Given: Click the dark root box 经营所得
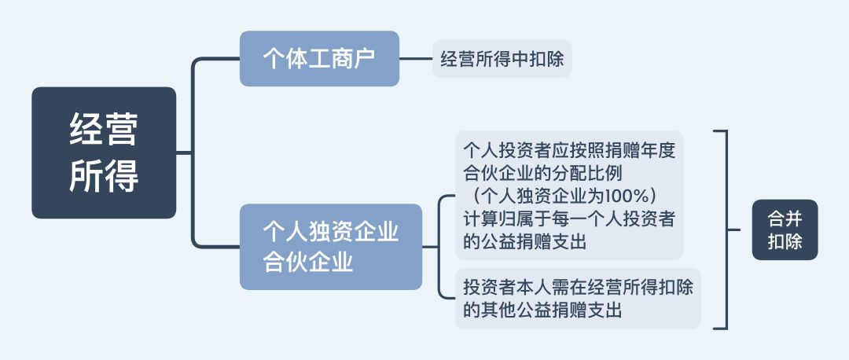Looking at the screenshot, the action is [x=104, y=152].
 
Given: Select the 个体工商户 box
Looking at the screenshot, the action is [x=319, y=58].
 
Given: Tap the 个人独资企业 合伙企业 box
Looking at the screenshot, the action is [x=331, y=247].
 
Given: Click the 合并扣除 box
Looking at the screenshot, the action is [x=785, y=230].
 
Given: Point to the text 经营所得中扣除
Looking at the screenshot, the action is [x=502, y=58].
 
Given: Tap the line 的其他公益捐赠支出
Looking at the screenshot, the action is [x=542, y=310].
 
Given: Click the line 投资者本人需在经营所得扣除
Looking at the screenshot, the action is [x=579, y=287].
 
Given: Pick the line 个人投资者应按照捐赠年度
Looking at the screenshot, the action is [x=570, y=149].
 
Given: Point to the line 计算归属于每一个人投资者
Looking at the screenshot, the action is [x=570, y=219].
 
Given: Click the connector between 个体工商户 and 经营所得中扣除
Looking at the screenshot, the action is [x=416, y=58].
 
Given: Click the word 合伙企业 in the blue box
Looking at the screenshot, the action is [x=308, y=263].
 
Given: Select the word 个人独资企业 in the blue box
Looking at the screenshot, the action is [x=331, y=232].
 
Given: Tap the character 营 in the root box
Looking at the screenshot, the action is [x=121, y=129].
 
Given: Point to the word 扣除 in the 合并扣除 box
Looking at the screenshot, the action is [x=785, y=241].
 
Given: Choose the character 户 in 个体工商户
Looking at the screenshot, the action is [x=365, y=58].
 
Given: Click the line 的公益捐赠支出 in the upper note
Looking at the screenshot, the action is [x=525, y=241].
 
